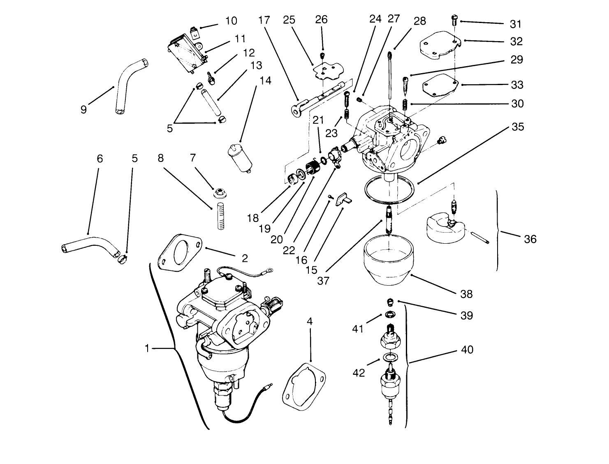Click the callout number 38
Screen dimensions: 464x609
[x=466, y=294]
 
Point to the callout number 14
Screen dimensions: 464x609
[x=265, y=81]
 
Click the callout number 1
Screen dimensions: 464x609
[x=147, y=349]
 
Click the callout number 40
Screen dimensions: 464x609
[x=467, y=350]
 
